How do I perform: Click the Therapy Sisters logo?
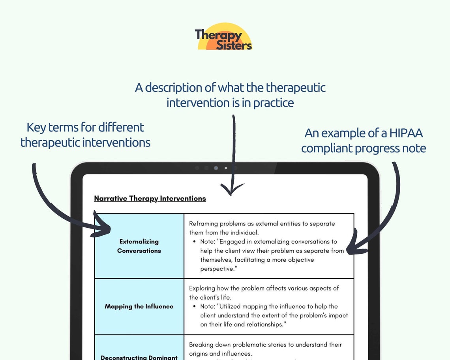pyautogui.click(x=224, y=37)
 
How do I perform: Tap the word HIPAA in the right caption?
pyautogui.click(x=406, y=133)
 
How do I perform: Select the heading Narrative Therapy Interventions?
pyautogui.click(x=150, y=198)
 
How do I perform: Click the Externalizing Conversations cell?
pyautogui.click(x=139, y=246)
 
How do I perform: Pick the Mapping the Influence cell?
pyautogui.click(x=139, y=306)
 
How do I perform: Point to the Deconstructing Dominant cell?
pyautogui.click(x=139, y=354)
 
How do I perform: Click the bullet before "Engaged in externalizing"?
pyautogui.click(x=195, y=242)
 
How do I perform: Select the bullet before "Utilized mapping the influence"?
pyautogui.click(x=195, y=306)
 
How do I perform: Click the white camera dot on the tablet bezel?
pyautogui.click(x=226, y=168)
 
